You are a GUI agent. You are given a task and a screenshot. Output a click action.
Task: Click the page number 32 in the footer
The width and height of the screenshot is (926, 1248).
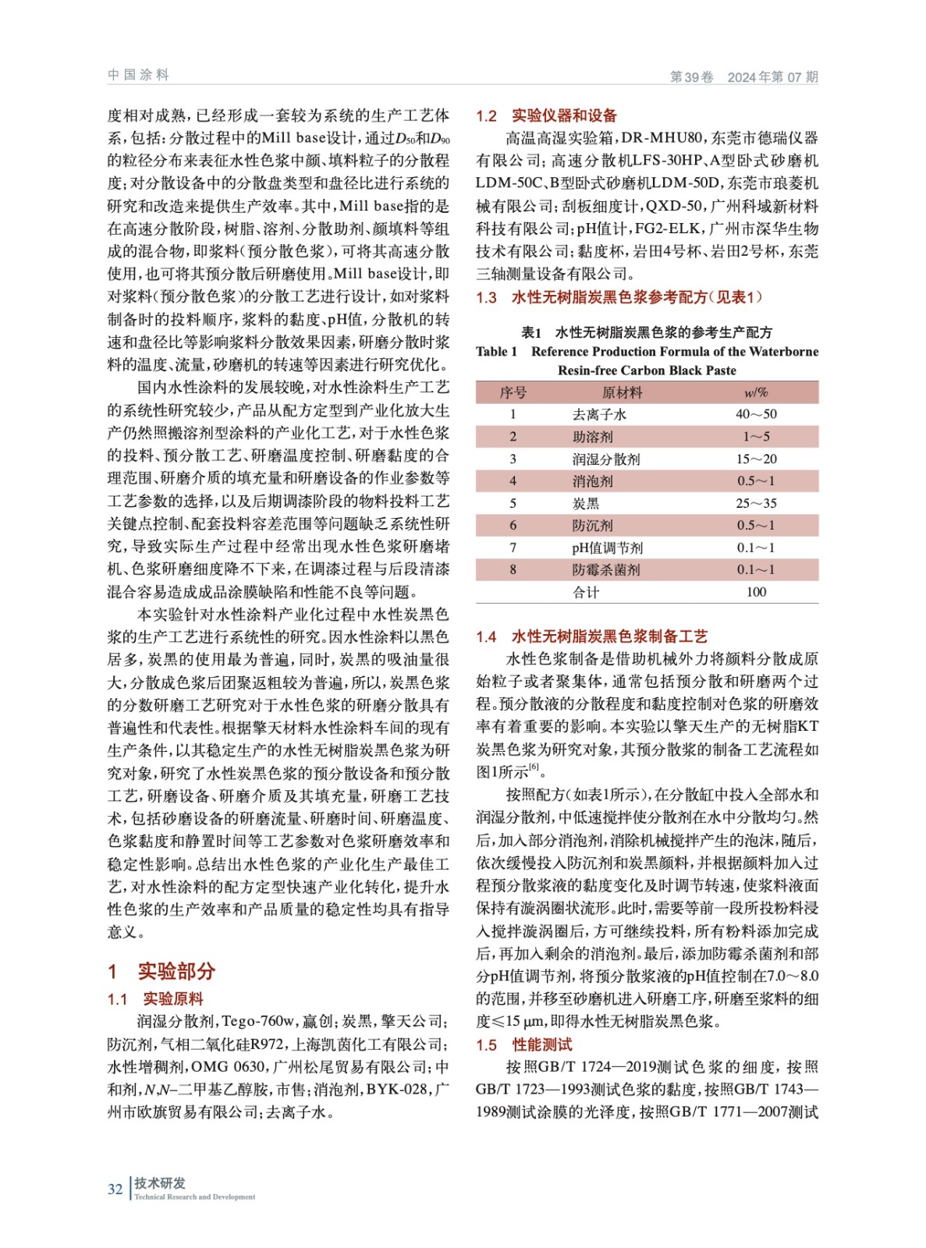[x=115, y=1189]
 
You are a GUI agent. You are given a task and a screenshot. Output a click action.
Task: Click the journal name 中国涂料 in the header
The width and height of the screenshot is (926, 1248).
[x=138, y=75]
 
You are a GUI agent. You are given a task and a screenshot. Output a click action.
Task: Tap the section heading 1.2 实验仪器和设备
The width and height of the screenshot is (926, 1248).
[x=546, y=115]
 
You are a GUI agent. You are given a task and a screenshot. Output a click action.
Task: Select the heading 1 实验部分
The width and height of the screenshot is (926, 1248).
[x=161, y=971]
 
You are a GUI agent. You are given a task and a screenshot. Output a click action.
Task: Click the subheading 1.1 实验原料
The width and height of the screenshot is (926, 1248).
[x=155, y=999]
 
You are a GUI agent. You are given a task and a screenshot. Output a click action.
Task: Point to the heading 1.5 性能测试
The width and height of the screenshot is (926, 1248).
[x=523, y=1044]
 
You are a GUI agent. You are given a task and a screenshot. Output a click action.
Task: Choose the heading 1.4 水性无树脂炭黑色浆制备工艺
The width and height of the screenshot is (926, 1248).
[x=591, y=636]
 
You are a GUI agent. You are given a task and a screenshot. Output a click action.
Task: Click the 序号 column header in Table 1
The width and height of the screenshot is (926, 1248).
[x=513, y=392]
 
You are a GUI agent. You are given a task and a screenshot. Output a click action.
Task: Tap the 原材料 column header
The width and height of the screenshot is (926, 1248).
[x=622, y=392]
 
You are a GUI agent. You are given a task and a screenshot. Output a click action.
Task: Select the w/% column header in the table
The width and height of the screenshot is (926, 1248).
[x=755, y=392]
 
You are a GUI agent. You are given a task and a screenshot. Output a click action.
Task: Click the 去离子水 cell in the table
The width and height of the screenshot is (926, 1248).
[x=599, y=414]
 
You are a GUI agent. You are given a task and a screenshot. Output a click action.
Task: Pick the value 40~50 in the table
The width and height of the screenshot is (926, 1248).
[x=755, y=414]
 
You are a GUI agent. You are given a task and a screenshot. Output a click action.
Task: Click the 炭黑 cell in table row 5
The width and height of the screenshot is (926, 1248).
[x=586, y=503]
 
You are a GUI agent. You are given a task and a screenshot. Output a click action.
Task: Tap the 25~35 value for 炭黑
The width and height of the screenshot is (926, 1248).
[x=755, y=503]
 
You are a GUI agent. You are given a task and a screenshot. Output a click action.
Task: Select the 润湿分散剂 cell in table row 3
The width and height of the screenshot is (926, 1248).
[x=605, y=459]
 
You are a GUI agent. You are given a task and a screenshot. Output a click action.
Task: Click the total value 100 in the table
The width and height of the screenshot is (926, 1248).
[x=755, y=592]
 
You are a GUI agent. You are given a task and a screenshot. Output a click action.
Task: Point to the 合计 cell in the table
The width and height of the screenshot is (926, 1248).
[x=586, y=592]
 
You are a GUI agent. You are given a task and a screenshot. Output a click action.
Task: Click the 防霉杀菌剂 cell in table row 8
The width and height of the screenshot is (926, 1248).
[x=605, y=570]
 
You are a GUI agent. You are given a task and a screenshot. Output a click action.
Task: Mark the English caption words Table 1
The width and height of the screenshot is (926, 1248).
[x=496, y=352]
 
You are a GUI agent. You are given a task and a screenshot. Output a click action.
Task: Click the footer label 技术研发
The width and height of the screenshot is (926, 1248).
[x=160, y=1183]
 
